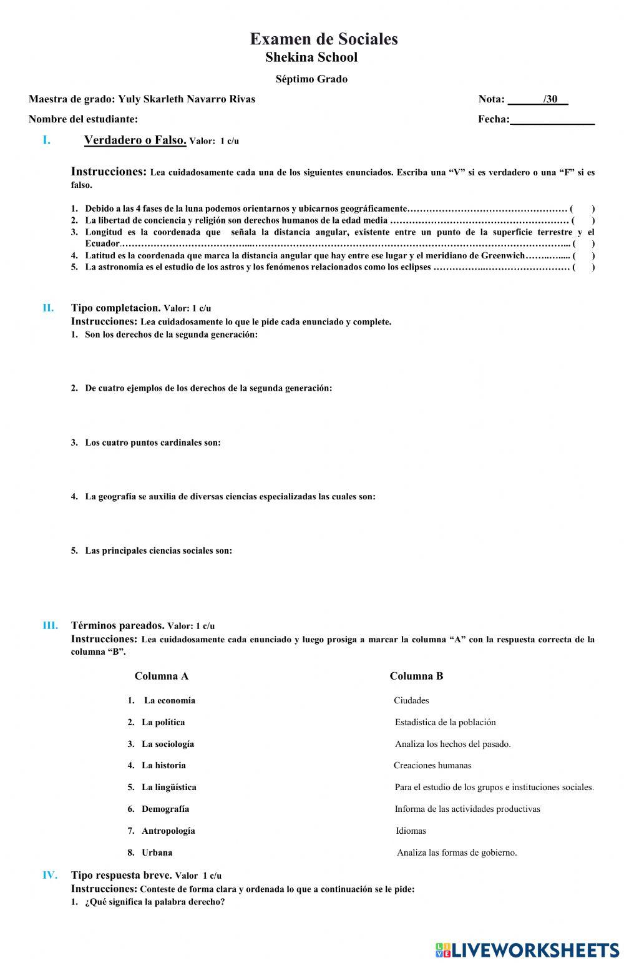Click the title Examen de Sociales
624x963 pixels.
point(323,39)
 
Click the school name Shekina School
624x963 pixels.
point(311,57)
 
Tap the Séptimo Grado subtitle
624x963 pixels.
point(311,79)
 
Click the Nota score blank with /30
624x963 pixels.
point(537,99)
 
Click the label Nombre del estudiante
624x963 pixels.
point(83,119)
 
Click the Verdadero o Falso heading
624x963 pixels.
point(135,140)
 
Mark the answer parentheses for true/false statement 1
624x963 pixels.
point(582,209)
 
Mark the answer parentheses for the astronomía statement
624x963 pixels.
point(583,268)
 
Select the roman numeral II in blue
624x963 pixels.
point(48,308)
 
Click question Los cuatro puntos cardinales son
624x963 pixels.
point(152,442)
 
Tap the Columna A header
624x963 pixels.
point(161,676)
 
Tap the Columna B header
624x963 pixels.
point(416,676)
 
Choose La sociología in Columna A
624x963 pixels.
point(167,744)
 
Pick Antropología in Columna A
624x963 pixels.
point(168,831)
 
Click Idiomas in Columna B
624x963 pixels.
point(411,831)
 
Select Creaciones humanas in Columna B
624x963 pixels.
point(432,765)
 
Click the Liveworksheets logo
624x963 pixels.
point(527,950)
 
